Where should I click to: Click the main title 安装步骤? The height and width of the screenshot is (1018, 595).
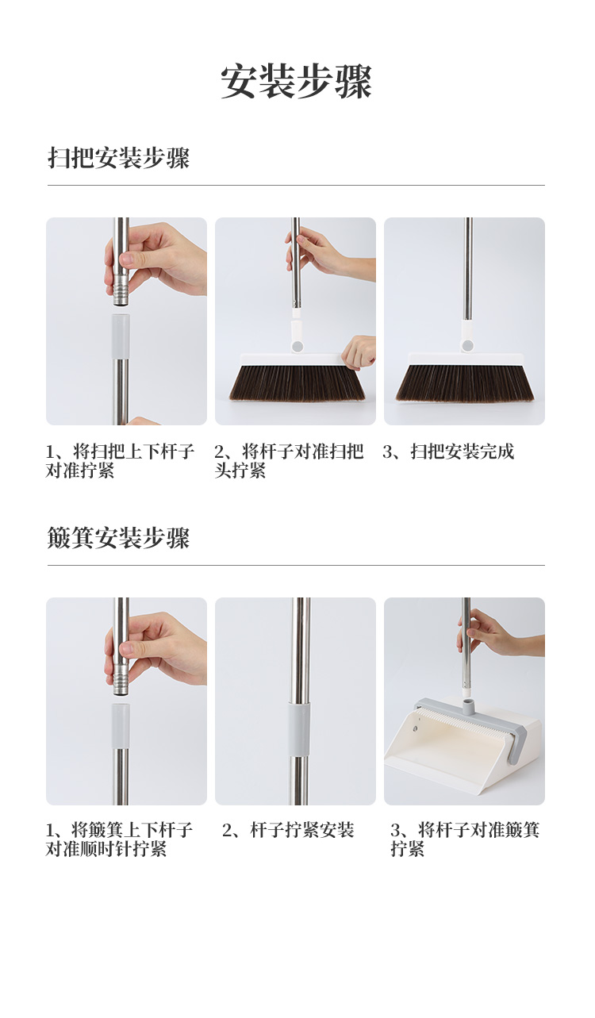[297, 82]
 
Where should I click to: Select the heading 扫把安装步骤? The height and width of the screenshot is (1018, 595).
[118, 158]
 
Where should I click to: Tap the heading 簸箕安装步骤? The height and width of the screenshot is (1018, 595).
[118, 538]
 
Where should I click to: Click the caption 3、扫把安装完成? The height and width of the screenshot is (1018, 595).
[449, 451]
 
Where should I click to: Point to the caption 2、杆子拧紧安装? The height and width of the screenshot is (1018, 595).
[288, 830]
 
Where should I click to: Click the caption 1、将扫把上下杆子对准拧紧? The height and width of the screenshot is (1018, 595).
[120, 461]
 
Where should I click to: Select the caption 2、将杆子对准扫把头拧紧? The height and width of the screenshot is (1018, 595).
[289, 461]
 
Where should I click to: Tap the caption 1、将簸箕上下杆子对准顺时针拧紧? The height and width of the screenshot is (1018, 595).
[119, 839]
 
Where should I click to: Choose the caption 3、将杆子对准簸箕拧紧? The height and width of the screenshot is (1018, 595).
[465, 839]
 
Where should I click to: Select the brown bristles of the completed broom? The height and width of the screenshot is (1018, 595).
[465, 382]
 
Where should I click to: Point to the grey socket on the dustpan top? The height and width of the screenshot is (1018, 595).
[468, 706]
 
